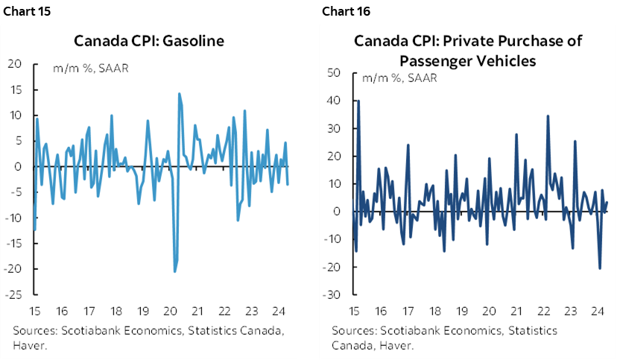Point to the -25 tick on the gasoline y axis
(15, 294)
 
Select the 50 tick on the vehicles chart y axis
(334, 73)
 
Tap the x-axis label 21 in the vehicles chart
(516, 312)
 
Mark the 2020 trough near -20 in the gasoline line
(175, 271)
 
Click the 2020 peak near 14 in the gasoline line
(180, 94)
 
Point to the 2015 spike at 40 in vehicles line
(358, 101)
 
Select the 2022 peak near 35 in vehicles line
(548, 116)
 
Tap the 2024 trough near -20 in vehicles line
(600, 268)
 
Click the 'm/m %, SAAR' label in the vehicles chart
(399, 78)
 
